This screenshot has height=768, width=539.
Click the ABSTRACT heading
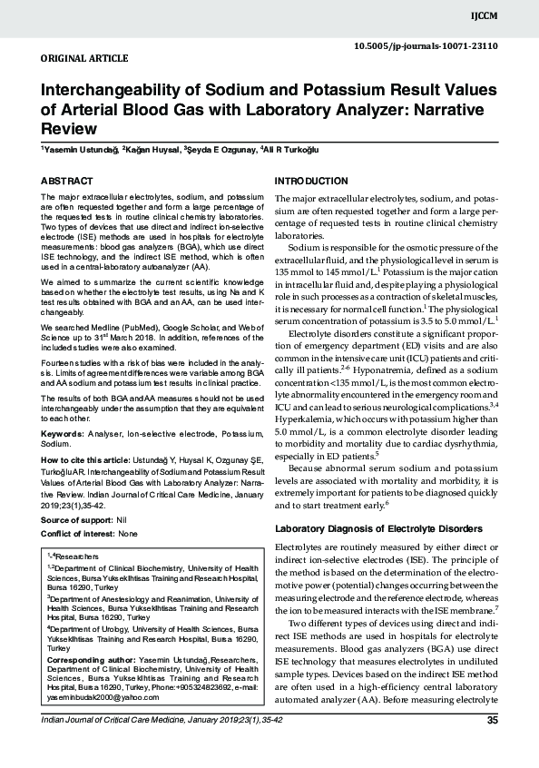click(67, 182)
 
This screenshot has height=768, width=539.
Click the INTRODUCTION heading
click(310, 182)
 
